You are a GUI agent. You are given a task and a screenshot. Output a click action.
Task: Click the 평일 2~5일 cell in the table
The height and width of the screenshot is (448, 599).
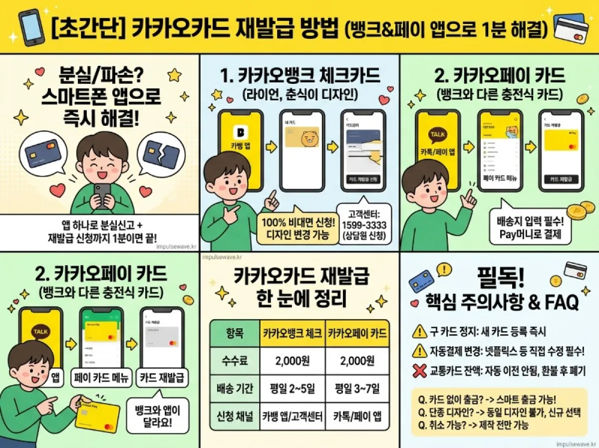tap(293, 388)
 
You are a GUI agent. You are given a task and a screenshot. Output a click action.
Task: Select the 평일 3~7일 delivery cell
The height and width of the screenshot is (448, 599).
tap(357, 388)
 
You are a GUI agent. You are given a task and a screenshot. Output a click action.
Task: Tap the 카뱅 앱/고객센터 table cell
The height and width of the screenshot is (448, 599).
tap(293, 416)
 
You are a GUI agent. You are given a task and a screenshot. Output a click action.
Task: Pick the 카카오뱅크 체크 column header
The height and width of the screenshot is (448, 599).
tap(293, 333)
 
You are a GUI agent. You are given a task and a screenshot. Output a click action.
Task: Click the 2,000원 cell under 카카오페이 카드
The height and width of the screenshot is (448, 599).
tap(357, 361)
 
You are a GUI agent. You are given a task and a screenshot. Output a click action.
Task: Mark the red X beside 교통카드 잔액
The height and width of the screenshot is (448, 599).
tap(417, 371)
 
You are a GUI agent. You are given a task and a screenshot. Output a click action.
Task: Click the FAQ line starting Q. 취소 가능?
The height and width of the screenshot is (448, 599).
tap(474, 425)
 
